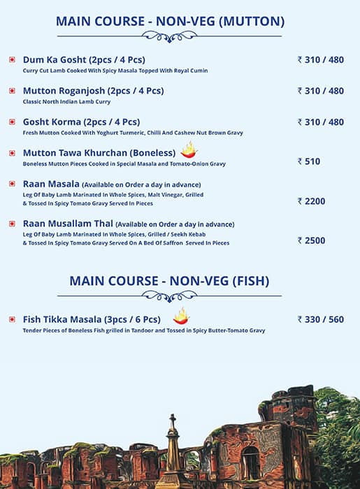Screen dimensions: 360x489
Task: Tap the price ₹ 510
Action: pyautogui.click(x=309, y=161)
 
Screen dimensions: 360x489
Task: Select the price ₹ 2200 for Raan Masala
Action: pyautogui.click(x=311, y=201)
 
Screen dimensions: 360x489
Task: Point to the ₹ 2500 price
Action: pyautogui.click(x=311, y=240)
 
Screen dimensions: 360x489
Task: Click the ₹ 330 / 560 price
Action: pyautogui.click(x=321, y=319)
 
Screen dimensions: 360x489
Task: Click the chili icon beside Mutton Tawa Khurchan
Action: pyautogui.click(x=189, y=149)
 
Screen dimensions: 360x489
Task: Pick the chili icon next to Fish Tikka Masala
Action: pyautogui.click(x=181, y=316)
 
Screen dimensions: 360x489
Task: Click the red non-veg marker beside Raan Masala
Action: pyautogui.click(x=12, y=184)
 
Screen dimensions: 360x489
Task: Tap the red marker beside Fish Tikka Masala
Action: pyautogui.click(x=12, y=319)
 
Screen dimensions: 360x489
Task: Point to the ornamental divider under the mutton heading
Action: pyautogui.click(x=170, y=36)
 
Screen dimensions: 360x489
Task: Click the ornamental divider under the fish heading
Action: pyautogui.click(x=170, y=295)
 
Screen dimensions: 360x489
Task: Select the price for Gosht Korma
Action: pyautogui.click(x=321, y=122)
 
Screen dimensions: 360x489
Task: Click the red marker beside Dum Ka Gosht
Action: pyautogui.click(x=12, y=60)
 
